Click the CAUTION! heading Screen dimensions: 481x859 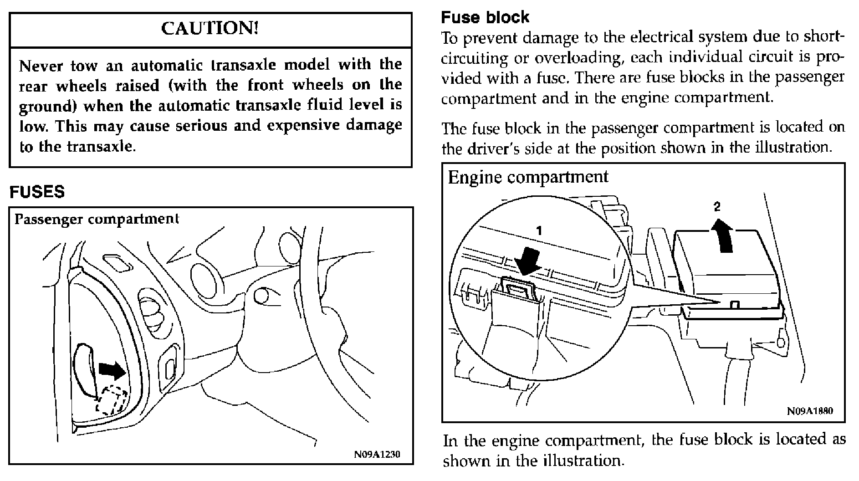coord(210,29)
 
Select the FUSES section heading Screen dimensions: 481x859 coord(37,192)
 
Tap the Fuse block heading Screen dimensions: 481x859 coord(485,18)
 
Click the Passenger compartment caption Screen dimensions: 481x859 coord(97,219)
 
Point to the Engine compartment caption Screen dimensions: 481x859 coord(528,177)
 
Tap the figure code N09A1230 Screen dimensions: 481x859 coord(377,455)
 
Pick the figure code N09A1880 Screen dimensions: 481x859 coord(810,411)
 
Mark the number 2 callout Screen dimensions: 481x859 coord(717,207)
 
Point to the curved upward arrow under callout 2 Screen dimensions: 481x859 coord(723,235)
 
